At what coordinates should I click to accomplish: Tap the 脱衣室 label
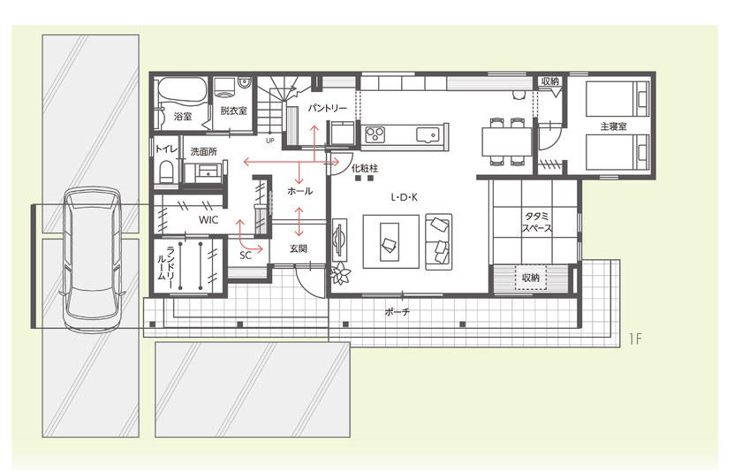pos(233,111)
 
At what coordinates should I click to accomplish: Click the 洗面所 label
pos(204,152)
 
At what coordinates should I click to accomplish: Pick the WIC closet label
pos(208,218)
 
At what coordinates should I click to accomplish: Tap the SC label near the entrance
pos(246,255)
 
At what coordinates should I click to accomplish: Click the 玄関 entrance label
pos(298,248)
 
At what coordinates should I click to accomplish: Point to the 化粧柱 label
pos(364,167)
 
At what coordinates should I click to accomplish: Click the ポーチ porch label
pos(397,312)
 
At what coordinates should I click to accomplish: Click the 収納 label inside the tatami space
pos(530,278)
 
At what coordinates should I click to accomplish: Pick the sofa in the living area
pos(438,241)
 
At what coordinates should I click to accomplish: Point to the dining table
pos(506,141)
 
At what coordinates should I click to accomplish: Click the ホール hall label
pos(299,191)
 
